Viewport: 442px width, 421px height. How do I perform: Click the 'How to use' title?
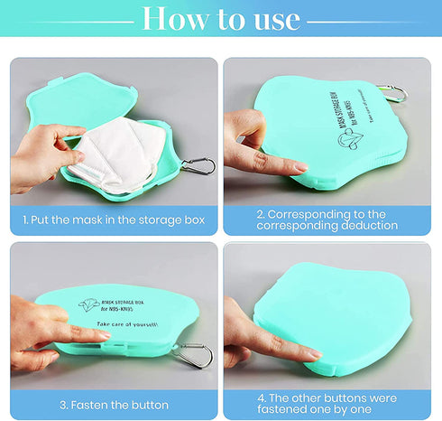(221, 17)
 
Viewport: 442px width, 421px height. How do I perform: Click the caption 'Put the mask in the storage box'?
(114, 220)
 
